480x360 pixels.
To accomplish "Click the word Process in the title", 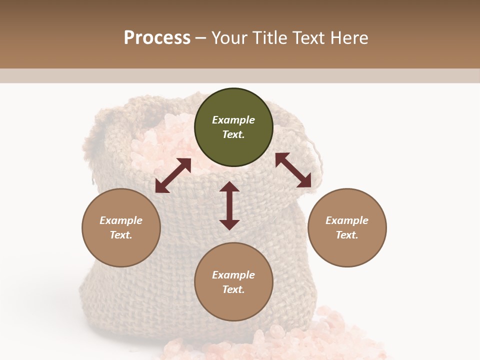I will click(x=157, y=38).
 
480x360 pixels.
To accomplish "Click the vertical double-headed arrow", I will click(x=229, y=205).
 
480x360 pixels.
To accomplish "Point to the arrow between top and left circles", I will click(x=173, y=175).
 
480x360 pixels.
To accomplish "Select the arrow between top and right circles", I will click(x=293, y=170).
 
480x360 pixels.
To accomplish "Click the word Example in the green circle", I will click(x=233, y=120).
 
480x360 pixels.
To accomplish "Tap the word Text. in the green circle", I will click(x=233, y=134).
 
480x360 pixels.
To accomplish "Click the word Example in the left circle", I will click(x=121, y=220).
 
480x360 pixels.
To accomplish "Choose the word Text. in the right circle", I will click(x=347, y=235).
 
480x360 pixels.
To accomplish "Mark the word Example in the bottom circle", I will click(x=233, y=275).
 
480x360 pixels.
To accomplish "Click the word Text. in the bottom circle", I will click(x=233, y=289).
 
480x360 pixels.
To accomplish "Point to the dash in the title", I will click(x=200, y=38).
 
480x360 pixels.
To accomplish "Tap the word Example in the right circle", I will click(x=347, y=220).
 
